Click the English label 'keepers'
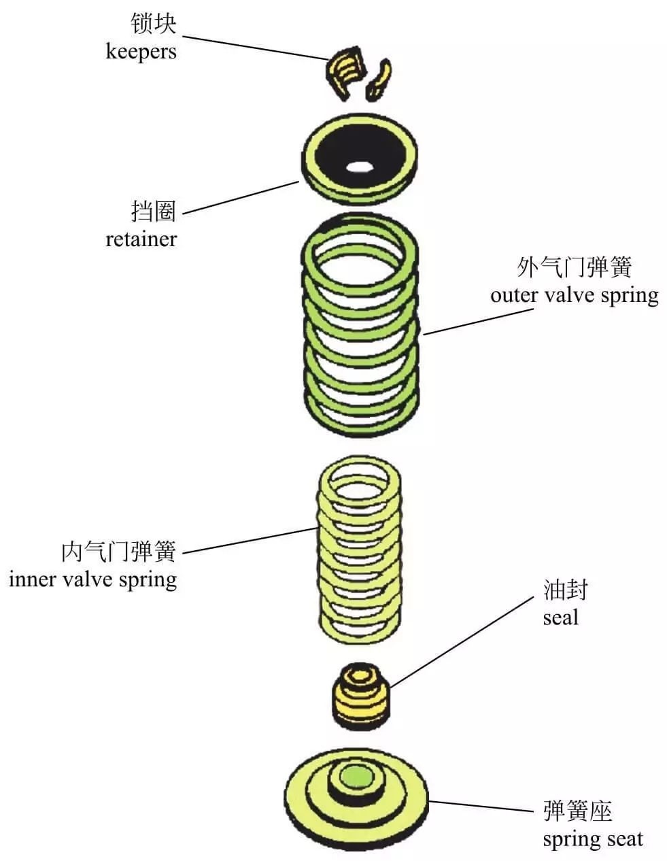[x=141, y=52]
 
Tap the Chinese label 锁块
[x=153, y=24]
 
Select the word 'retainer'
[x=141, y=239]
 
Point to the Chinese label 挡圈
[x=153, y=212]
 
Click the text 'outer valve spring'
[x=574, y=296]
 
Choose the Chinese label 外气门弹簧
[x=574, y=267]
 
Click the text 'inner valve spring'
[x=92, y=579]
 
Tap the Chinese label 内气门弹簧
[x=118, y=552]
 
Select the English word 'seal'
[x=560, y=618]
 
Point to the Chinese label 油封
[x=564, y=590]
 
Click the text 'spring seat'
[x=592, y=839]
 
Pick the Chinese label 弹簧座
[x=577, y=811]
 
